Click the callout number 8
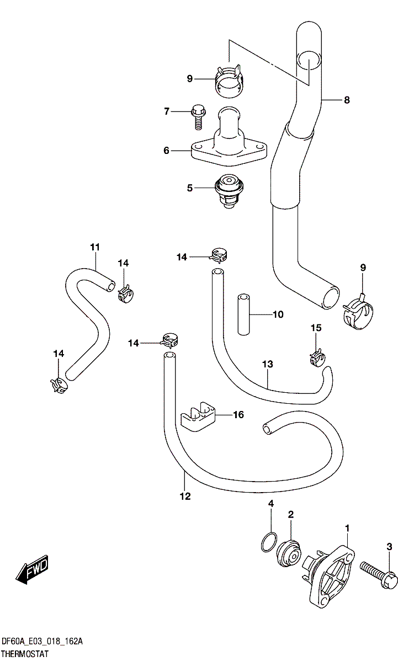pos(347,100)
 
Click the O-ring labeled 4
pos(268,542)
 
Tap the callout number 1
pos(347,528)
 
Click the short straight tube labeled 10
pos(243,314)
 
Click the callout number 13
pos(268,365)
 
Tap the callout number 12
pos(185,496)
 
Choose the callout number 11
pos(95,247)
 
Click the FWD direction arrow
pos(32,570)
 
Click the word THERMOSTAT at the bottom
pos(25,654)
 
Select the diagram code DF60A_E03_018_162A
pos(42,642)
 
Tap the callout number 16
pos(238,415)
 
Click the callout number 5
pos(190,188)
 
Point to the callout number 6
pos(166,150)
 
